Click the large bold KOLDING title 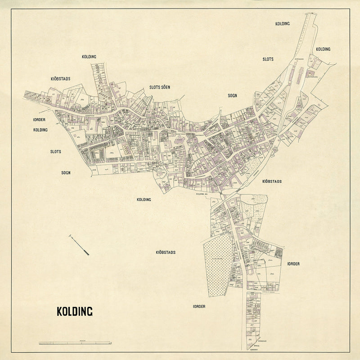pos(74,311)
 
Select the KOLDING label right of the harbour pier pos(323,49)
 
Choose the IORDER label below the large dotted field pos(199,306)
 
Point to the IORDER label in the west pos(40,120)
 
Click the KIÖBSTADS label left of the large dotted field pos(166,252)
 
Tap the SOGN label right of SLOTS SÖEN pos(232,95)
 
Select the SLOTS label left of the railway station pos(268,59)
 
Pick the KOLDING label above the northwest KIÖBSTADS pos(89,57)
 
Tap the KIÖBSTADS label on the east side pos(271,181)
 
